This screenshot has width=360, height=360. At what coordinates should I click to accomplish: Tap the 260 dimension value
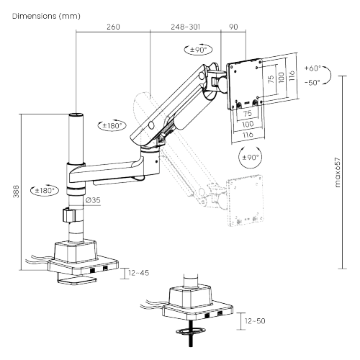coord(112,27)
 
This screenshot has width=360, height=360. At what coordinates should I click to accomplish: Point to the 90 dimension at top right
coord(233,27)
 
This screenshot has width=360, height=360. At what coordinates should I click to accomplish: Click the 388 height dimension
coord(16,191)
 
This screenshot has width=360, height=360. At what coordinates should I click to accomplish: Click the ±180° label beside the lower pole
coord(45,191)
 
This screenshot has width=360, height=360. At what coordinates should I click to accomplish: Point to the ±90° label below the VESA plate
coord(249,156)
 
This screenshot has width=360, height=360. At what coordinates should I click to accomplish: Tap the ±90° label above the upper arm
coord(196,50)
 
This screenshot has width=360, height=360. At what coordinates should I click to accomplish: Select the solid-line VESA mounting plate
coord(246,80)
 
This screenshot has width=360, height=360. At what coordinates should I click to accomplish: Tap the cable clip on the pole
coord(69,215)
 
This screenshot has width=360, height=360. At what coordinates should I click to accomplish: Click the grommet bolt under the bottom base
coord(191,333)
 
